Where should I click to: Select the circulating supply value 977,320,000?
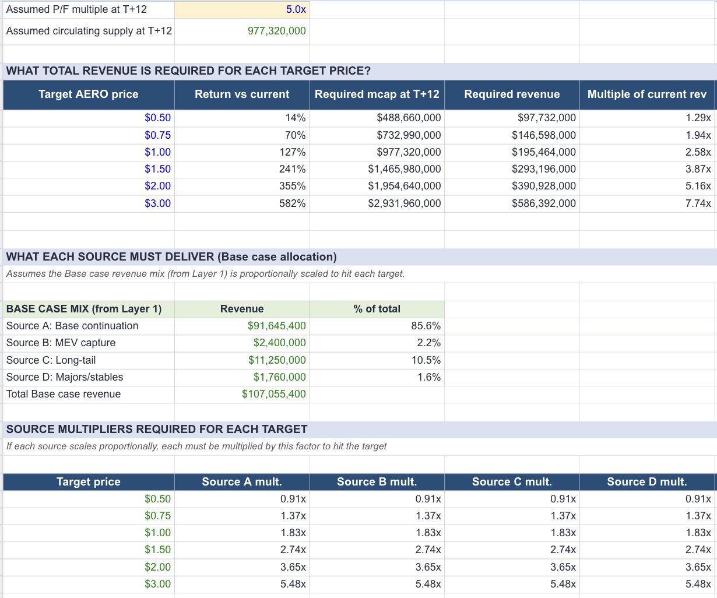coord(276,31)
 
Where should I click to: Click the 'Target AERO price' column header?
coord(89,94)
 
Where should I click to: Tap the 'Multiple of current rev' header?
coord(646,94)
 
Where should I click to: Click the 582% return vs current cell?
coord(295,203)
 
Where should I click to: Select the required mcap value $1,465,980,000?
coord(404,169)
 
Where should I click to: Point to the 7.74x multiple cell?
coord(698,203)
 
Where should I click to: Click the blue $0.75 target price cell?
coord(157,135)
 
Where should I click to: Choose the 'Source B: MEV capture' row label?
coord(61,343)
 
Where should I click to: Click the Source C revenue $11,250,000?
coord(277,360)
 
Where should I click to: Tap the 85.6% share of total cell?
coord(428,326)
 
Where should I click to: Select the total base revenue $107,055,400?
coord(273,394)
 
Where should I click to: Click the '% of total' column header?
coord(377,309)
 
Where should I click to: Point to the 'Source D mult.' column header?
coord(646,482)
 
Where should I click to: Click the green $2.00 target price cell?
coord(157,567)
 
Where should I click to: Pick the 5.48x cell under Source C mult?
coord(563,584)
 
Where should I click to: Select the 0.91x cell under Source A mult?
coord(293,499)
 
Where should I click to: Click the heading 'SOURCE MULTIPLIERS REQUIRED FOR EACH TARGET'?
coord(157,430)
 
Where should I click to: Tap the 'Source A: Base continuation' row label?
coord(72,326)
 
